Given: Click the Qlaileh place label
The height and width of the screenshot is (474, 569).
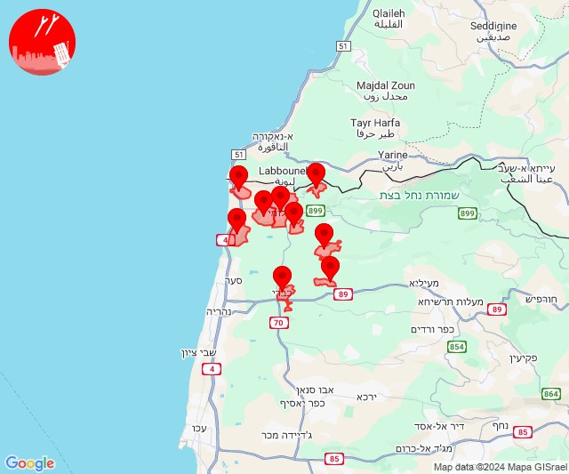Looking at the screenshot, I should (388, 20).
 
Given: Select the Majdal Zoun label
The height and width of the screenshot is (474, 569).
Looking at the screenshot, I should (381, 90).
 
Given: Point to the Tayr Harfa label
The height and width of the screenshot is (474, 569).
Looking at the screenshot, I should (375, 128).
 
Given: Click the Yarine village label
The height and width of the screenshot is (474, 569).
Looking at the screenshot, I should (392, 160).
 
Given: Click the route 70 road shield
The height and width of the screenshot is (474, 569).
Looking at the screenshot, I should (279, 323).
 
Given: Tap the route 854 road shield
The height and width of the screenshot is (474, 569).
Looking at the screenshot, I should (457, 347).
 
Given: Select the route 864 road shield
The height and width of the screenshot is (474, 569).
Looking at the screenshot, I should (551, 393).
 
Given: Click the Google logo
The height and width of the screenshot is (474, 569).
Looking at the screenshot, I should (29, 463).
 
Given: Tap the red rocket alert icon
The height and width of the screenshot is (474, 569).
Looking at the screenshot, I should (42, 42).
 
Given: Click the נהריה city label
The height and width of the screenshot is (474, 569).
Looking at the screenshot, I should (219, 312).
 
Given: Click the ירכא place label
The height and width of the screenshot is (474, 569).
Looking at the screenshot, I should (366, 397).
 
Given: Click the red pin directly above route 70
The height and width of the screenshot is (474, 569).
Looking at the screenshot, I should (282, 277).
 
